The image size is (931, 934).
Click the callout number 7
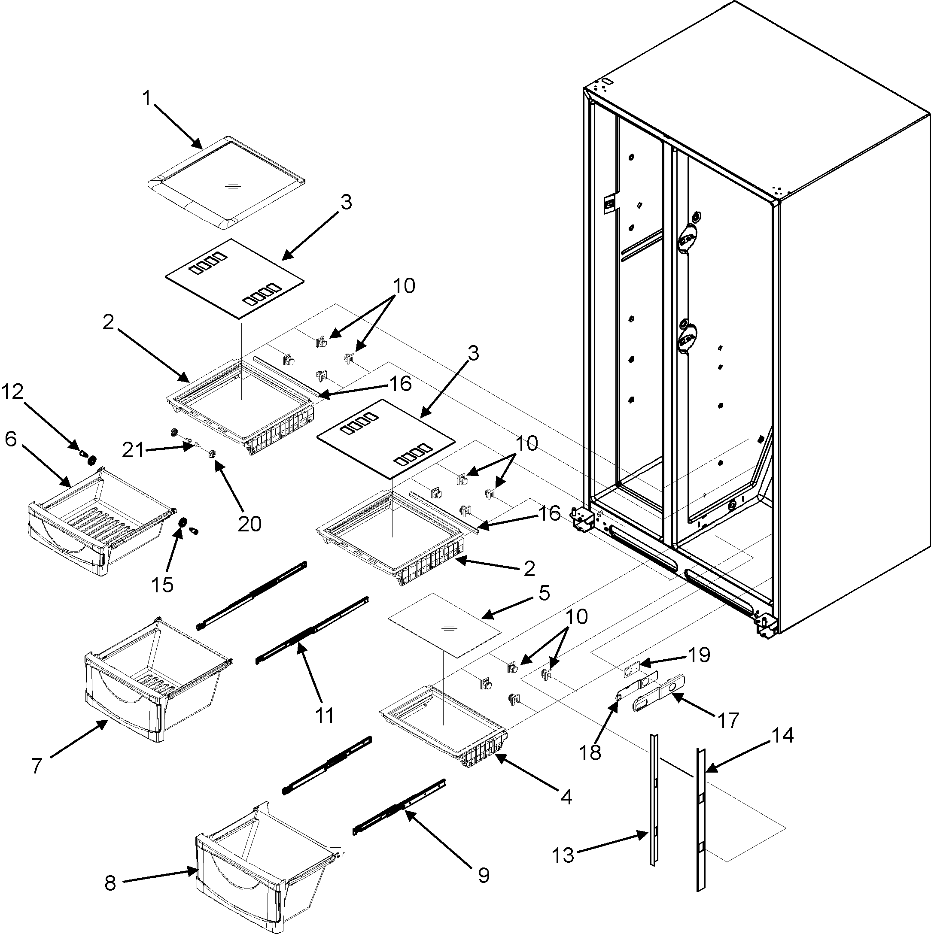[x=37, y=766]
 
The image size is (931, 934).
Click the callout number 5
[x=544, y=593]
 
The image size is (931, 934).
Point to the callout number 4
[x=566, y=796]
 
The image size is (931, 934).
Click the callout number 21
[x=133, y=451]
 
